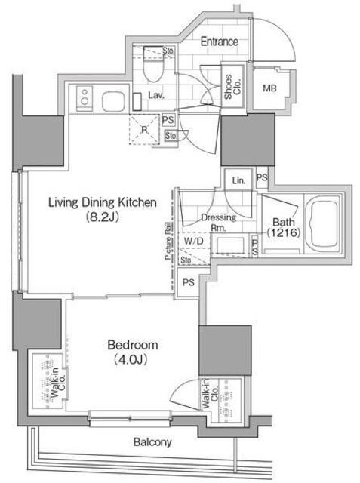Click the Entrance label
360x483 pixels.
coord(220,42)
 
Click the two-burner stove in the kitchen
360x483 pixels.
coord(85,97)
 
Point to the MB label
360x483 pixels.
coord(269,89)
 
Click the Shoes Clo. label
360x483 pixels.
coord(232,87)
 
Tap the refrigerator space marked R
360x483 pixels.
coord(144,129)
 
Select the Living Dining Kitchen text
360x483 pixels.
coord(103,202)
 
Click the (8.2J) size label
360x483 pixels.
coord(102,217)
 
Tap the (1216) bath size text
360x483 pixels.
coord(283,232)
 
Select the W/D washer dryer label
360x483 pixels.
coord(194,241)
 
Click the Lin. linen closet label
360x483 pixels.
coord(238,180)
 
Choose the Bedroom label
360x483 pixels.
coord(133,345)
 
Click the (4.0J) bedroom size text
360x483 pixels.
coord(131,359)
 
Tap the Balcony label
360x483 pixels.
coord(152,442)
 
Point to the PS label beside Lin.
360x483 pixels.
coord(262,178)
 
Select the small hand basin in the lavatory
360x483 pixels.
coord(137,102)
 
